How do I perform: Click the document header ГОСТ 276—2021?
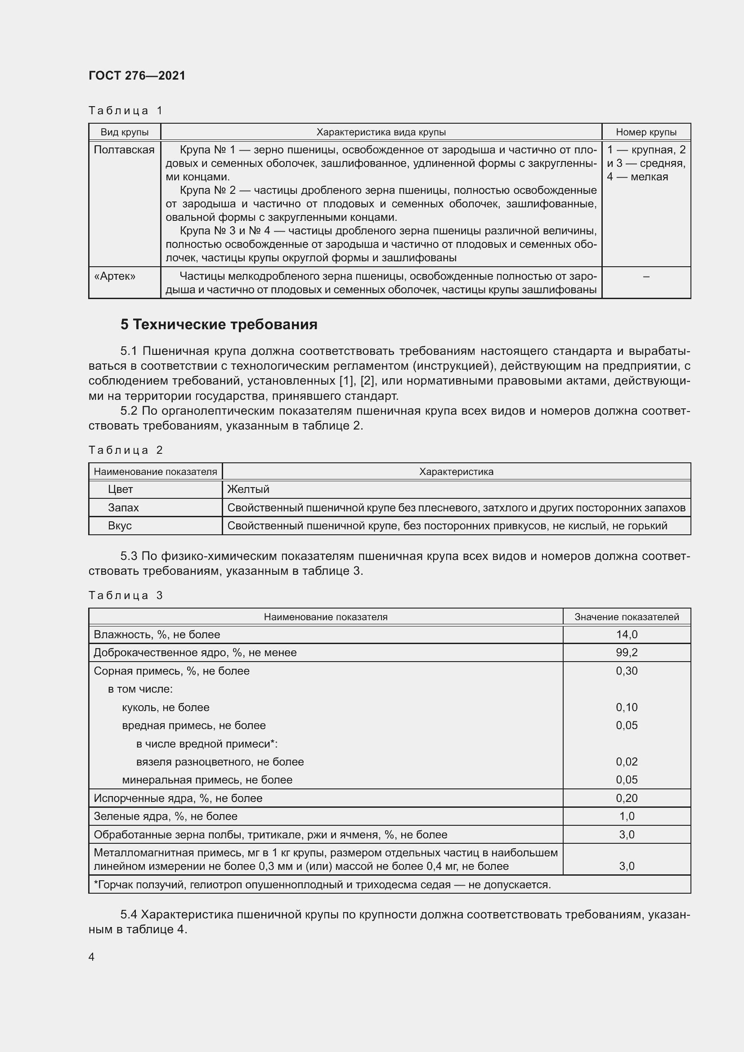[137, 76]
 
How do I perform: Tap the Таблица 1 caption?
[125, 111]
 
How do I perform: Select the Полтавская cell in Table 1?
[124, 150]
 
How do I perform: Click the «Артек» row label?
[115, 276]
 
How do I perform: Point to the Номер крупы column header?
[646, 132]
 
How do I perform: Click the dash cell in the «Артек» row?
[646, 276]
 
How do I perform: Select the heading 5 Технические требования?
[219, 324]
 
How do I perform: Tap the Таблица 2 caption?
[125, 450]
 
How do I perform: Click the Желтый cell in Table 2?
[248, 489]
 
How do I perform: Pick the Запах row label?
[123, 508]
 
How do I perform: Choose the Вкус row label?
[120, 525]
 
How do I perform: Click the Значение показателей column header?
[626, 617]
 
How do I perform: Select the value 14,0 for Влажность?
[626, 635]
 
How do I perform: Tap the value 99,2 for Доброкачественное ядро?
[626, 653]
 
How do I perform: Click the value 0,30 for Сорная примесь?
[626, 671]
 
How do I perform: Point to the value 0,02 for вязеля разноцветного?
[626, 761]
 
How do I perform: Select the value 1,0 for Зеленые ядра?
[626, 816]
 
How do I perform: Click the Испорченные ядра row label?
[178, 798]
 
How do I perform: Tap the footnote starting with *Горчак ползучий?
[322, 885]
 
